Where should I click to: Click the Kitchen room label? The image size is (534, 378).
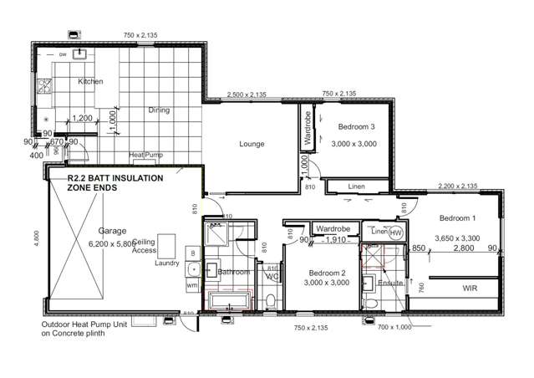[x=90, y=81]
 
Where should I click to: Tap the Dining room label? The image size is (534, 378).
[x=160, y=110]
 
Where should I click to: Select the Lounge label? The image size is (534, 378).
[x=252, y=144]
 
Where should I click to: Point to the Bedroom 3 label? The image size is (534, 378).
[x=357, y=127]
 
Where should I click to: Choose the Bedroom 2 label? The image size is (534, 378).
[x=327, y=273]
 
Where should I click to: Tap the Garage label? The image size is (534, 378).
[x=112, y=230]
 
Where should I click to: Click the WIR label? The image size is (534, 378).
[x=470, y=288]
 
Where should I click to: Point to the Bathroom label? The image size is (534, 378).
[x=233, y=272]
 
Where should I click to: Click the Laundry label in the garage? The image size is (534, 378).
[x=168, y=263]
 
